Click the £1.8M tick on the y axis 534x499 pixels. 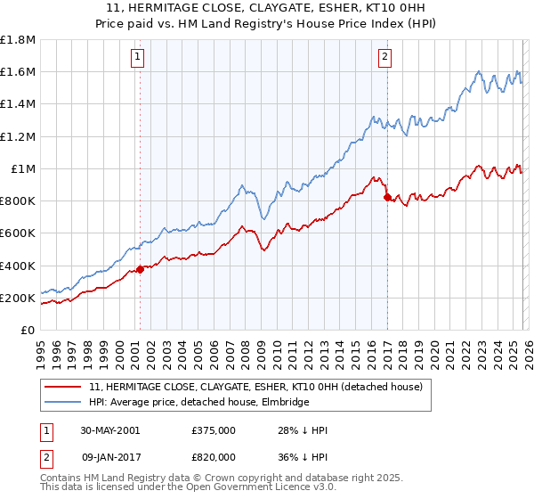(18, 39)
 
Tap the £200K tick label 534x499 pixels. (18, 298)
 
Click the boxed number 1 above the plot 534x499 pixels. (139, 58)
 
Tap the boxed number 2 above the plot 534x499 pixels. (384, 58)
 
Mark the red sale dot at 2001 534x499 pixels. (141, 270)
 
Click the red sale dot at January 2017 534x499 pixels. (387, 198)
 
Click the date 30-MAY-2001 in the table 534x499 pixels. (109, 430)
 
